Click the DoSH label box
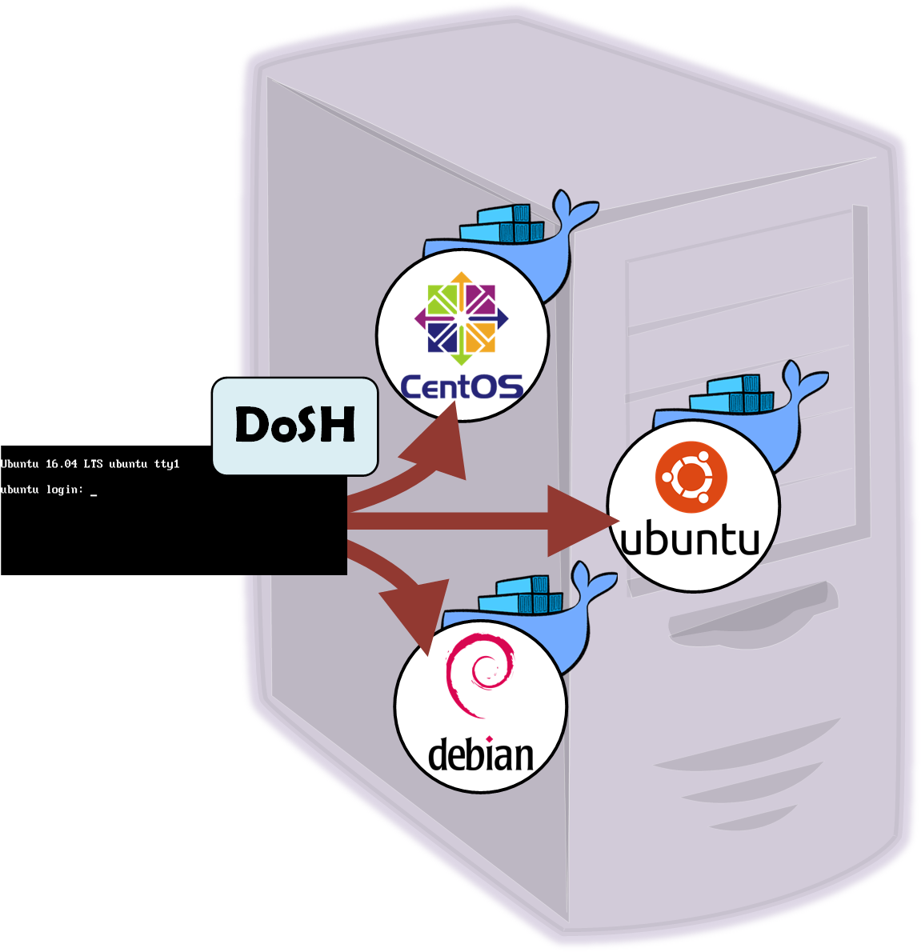click(x=294, y=426)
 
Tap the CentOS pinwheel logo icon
click(x=462, y=318)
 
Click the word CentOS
click(x=462, y=387)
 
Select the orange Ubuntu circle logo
click(x=691, y=478)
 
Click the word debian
click(x=480, y=754)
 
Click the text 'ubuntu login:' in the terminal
click(x=42, y=490)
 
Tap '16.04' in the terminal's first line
click(x=61, y=464)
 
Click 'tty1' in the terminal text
click(x=166, y=464)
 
